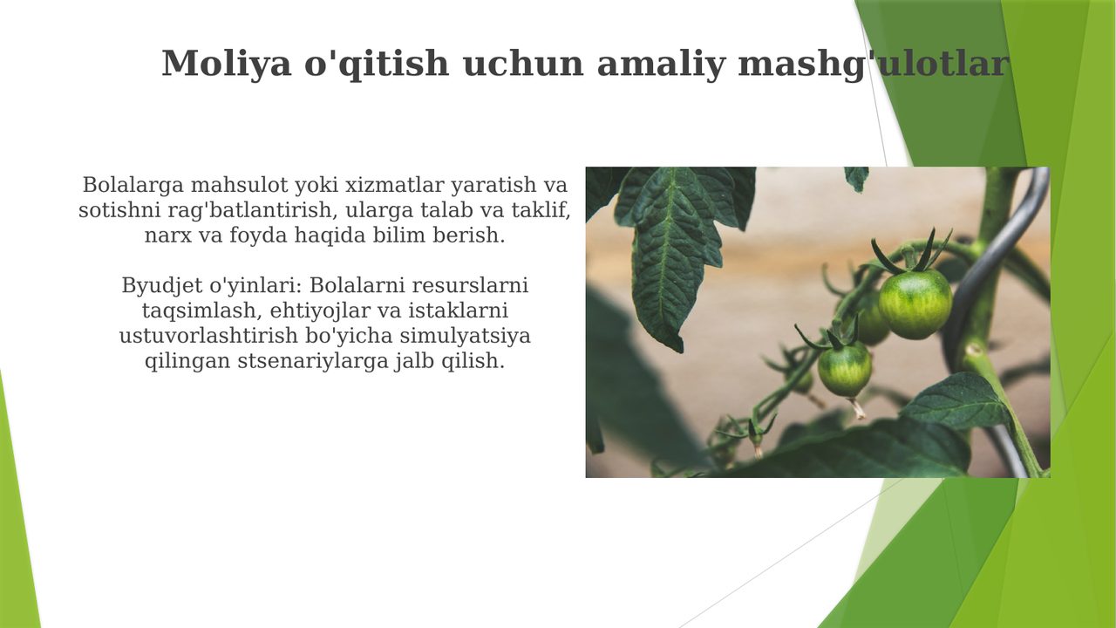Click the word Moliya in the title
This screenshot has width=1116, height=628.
[227, 65]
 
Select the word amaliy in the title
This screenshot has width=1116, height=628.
[661, 65]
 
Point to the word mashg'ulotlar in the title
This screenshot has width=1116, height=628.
[874, 65]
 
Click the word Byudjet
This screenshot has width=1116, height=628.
[162, 286]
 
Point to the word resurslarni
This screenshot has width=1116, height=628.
[470, 285]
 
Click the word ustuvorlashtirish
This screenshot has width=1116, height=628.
[208, 336]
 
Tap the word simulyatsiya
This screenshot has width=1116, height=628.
[466, 336]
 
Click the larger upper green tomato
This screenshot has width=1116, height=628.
[915, 304]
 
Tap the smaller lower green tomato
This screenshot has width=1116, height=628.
[845, 370]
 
